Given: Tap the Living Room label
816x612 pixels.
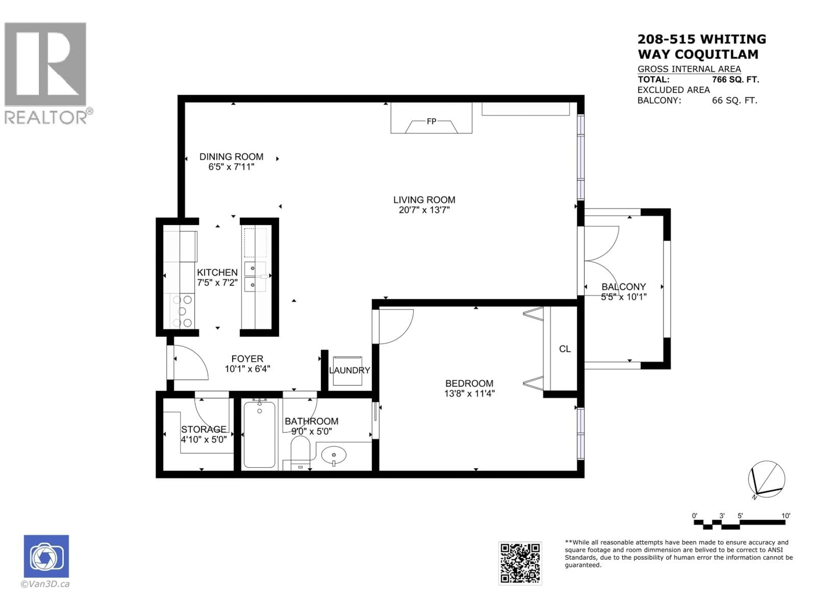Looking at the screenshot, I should pos(424,200).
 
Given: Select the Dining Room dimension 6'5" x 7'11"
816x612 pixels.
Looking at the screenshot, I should pos(231,167).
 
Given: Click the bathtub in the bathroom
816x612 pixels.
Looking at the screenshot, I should pos(259,435).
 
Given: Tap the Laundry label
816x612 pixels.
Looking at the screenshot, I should pos(349,370).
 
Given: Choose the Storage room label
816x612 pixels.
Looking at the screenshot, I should pos(204,429).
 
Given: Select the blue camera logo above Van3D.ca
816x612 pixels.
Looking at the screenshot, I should pos(46,556).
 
